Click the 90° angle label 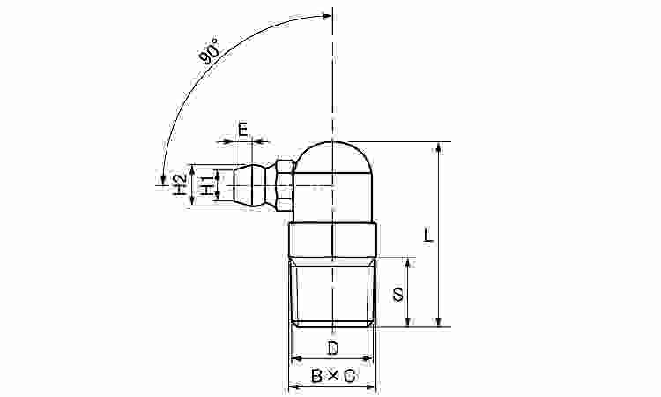point(210,51)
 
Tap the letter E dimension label point(243,129)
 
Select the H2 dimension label point(181,184)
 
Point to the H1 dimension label point(207,185)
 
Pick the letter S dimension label point(398,294)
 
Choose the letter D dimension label point(332,348)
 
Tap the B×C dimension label point(332,376)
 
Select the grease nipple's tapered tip point(243,185)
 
